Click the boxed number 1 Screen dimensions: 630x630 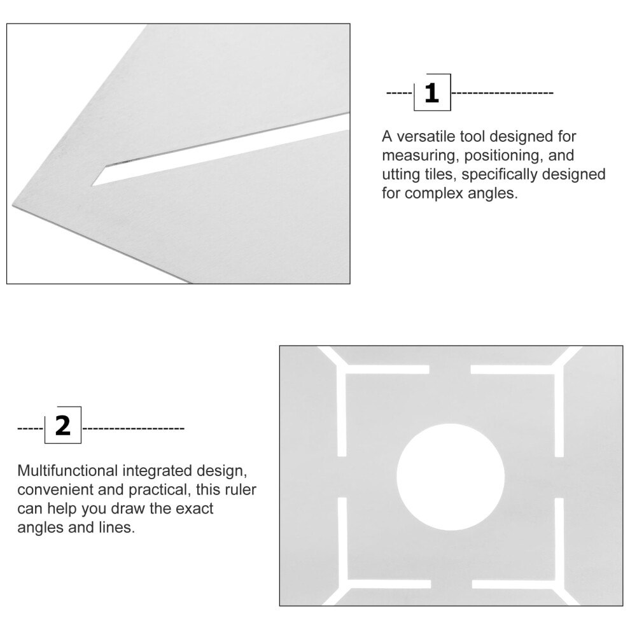(432, 92)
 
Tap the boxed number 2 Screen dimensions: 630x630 (62, 425)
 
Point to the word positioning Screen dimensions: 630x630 (504, 156)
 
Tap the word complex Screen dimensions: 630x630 (434, 193)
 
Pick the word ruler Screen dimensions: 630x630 (241, 490)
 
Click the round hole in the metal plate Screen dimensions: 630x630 (451, 477)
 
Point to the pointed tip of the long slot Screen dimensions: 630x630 (93, 185)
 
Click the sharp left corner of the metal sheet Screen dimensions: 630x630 (12, 206)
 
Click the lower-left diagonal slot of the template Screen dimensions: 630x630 (337, 594)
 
